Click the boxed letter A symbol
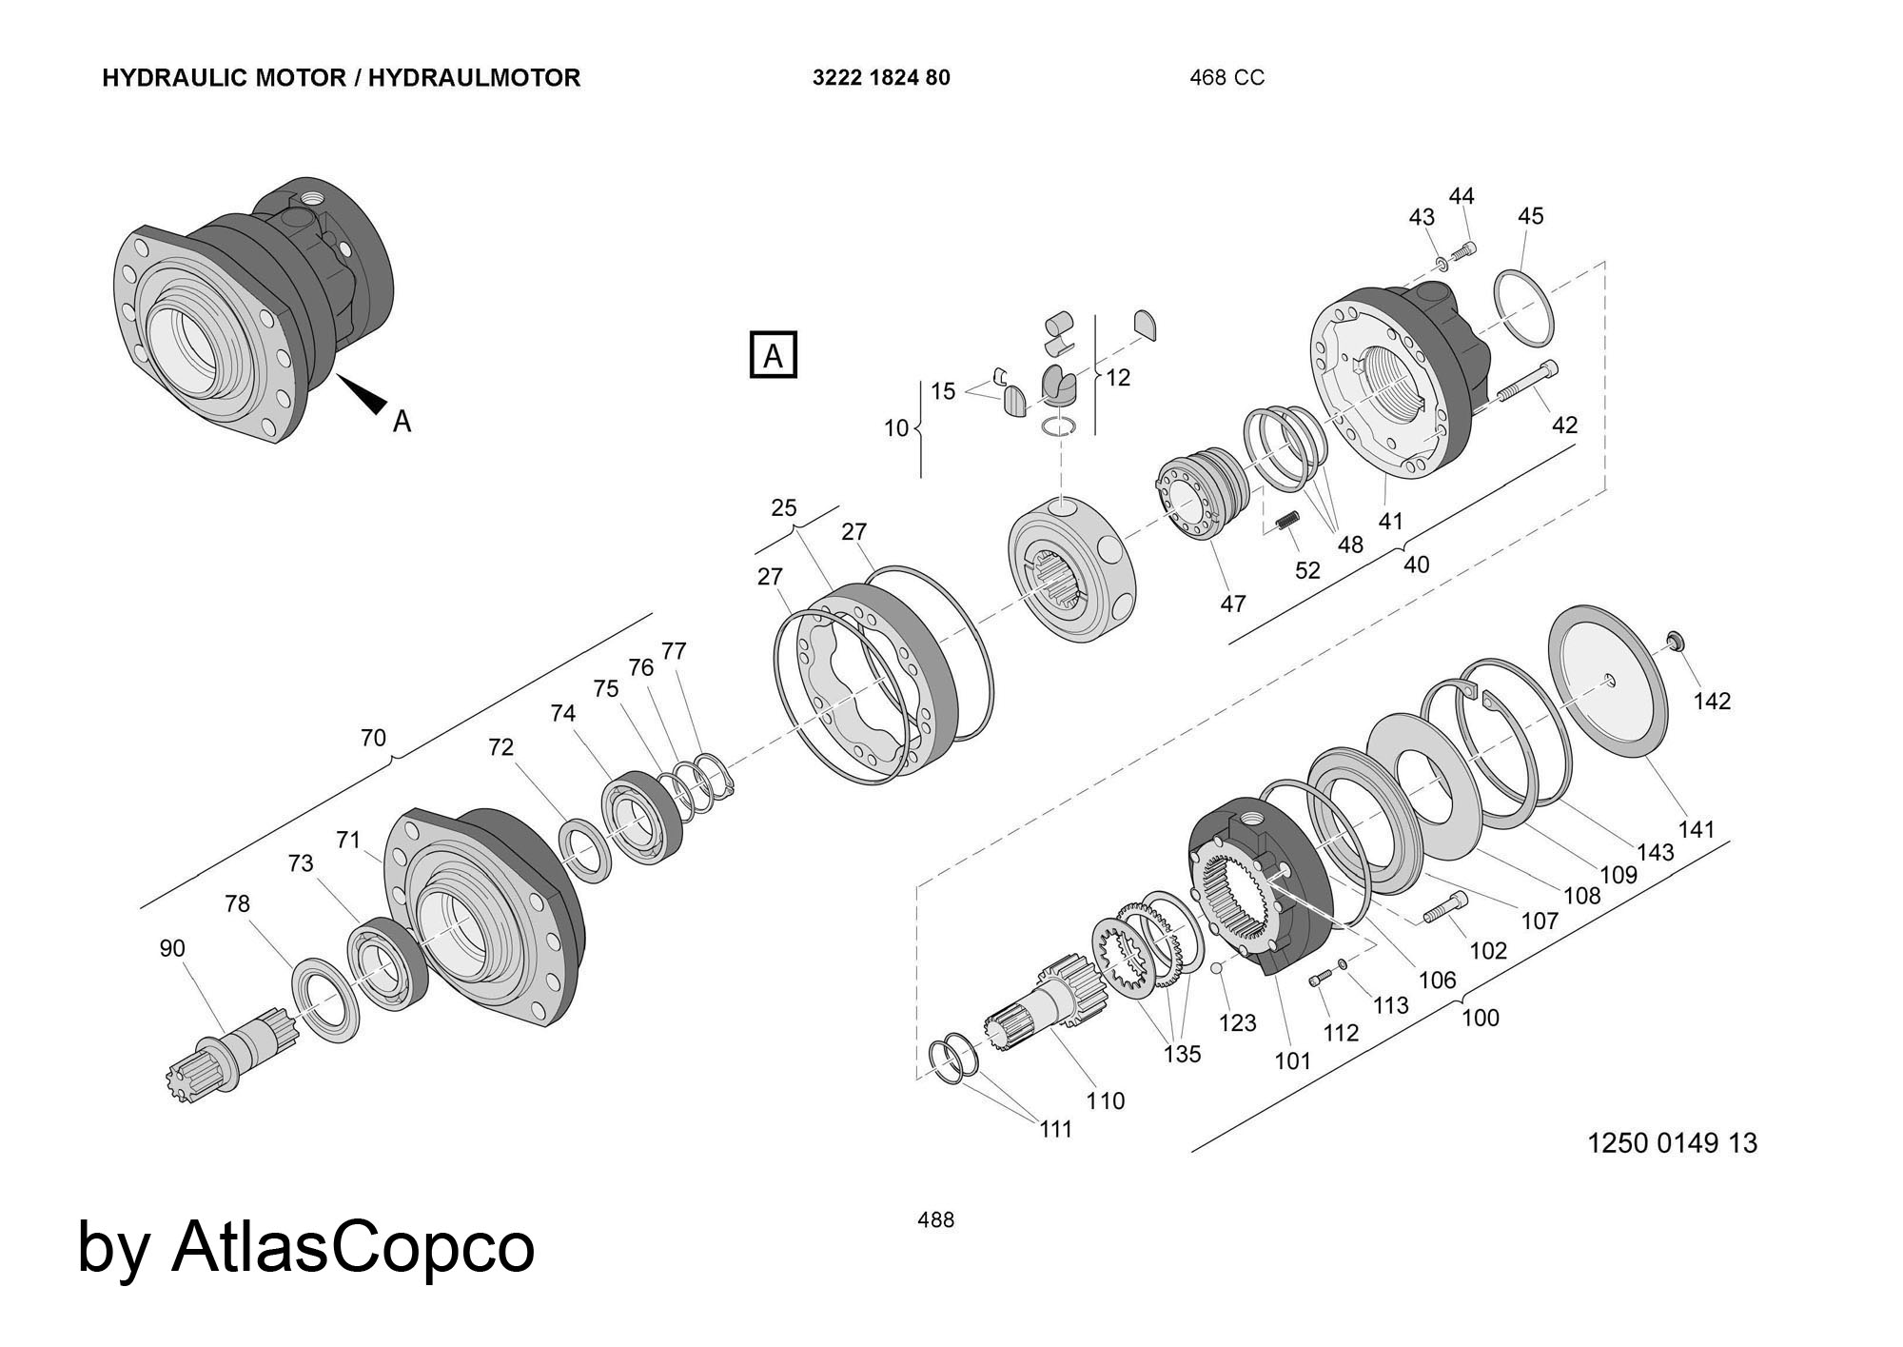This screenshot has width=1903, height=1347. (x=773, y=355)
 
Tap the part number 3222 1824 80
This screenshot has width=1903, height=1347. (x=880, y=78)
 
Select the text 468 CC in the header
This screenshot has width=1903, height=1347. (x=1226, y=78)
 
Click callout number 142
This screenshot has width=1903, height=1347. (x=1712, y=702)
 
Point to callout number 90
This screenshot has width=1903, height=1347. (x=172, y=948)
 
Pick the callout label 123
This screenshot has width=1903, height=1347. (x=1237, y=1022)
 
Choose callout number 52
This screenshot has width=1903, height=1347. (x=1307, y=570)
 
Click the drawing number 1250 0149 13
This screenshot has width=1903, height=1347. (x=1671, y=1142)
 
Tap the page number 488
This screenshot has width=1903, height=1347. (x=935, y=1220)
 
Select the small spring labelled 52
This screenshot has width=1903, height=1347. (x=1286, y=522)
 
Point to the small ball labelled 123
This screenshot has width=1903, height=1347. (x=1216, y=968)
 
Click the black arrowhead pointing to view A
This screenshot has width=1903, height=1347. (x=365, y=393)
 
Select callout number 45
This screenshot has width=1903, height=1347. (x=1530, y=216)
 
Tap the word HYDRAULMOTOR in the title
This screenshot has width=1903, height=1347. (x=474, y=78)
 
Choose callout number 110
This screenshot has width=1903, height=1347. (x=1105, y=1100)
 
